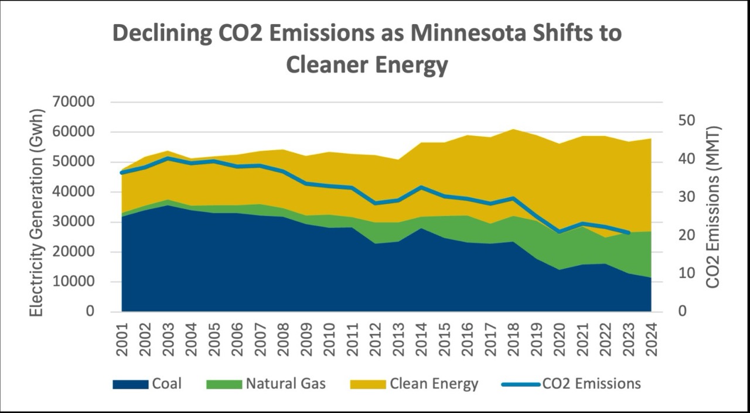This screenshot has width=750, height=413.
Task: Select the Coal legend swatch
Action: (x=129, y=384)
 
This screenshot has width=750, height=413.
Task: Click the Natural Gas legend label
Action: (x=285, y=384)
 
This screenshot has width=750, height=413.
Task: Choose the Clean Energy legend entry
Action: (x=434, y=384)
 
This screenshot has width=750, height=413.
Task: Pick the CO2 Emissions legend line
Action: (x=520, y=384)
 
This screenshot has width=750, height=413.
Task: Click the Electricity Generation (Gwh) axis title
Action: (x=37, y=212)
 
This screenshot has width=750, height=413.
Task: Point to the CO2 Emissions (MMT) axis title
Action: (x=712, y=207)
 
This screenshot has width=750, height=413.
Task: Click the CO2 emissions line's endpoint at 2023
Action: (x=628, y=233)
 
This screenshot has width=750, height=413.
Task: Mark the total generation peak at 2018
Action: (x=513, y=129)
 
